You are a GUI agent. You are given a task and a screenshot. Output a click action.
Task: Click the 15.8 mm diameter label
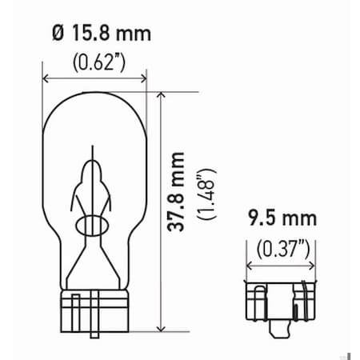click(103, 34)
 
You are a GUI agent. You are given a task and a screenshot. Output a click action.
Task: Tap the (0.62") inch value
click(97, 61)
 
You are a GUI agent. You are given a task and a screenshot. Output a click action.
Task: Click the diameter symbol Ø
click(54, 34)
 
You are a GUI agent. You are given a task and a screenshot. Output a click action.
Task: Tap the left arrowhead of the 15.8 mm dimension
click(46, 78)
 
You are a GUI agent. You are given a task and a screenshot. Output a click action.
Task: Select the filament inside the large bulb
click(94, 180)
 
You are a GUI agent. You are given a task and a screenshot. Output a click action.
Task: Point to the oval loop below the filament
click(94, 226)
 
